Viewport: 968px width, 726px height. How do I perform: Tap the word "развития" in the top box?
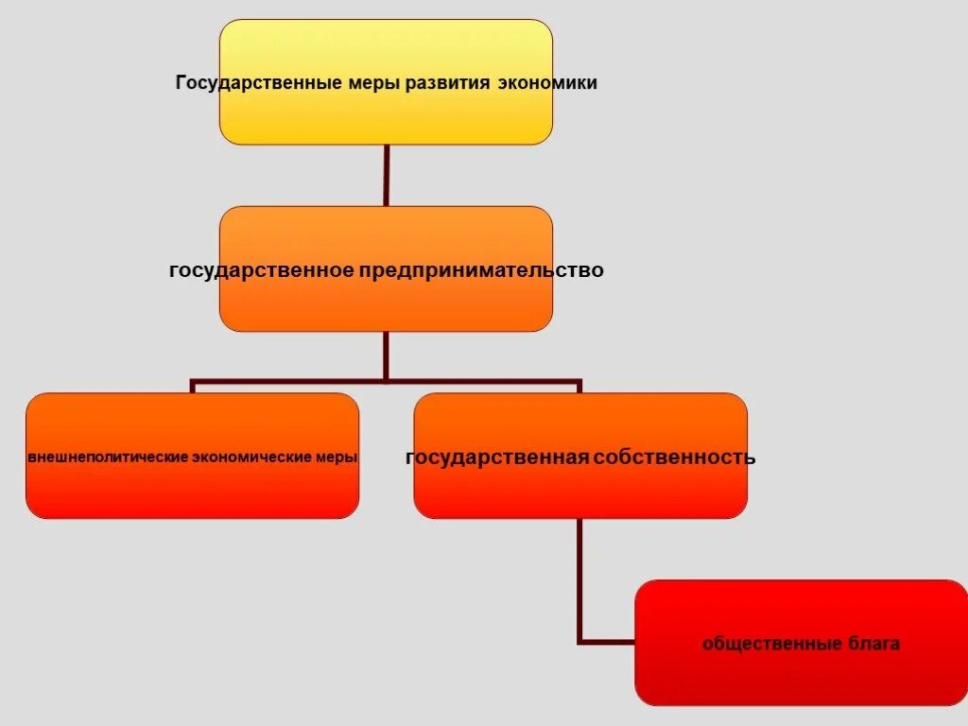[447, 83]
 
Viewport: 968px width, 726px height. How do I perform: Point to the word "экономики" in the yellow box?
[546, 83]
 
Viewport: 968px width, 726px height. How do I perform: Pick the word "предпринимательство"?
[480, 270]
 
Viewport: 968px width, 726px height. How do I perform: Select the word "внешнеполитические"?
[108, 458]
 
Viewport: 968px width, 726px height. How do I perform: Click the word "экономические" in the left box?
[252, 458]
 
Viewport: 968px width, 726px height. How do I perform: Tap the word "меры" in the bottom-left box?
[337, 458]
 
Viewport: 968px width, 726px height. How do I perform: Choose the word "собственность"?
[674, 458]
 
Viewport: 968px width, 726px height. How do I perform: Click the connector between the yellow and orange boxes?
[386, 175]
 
